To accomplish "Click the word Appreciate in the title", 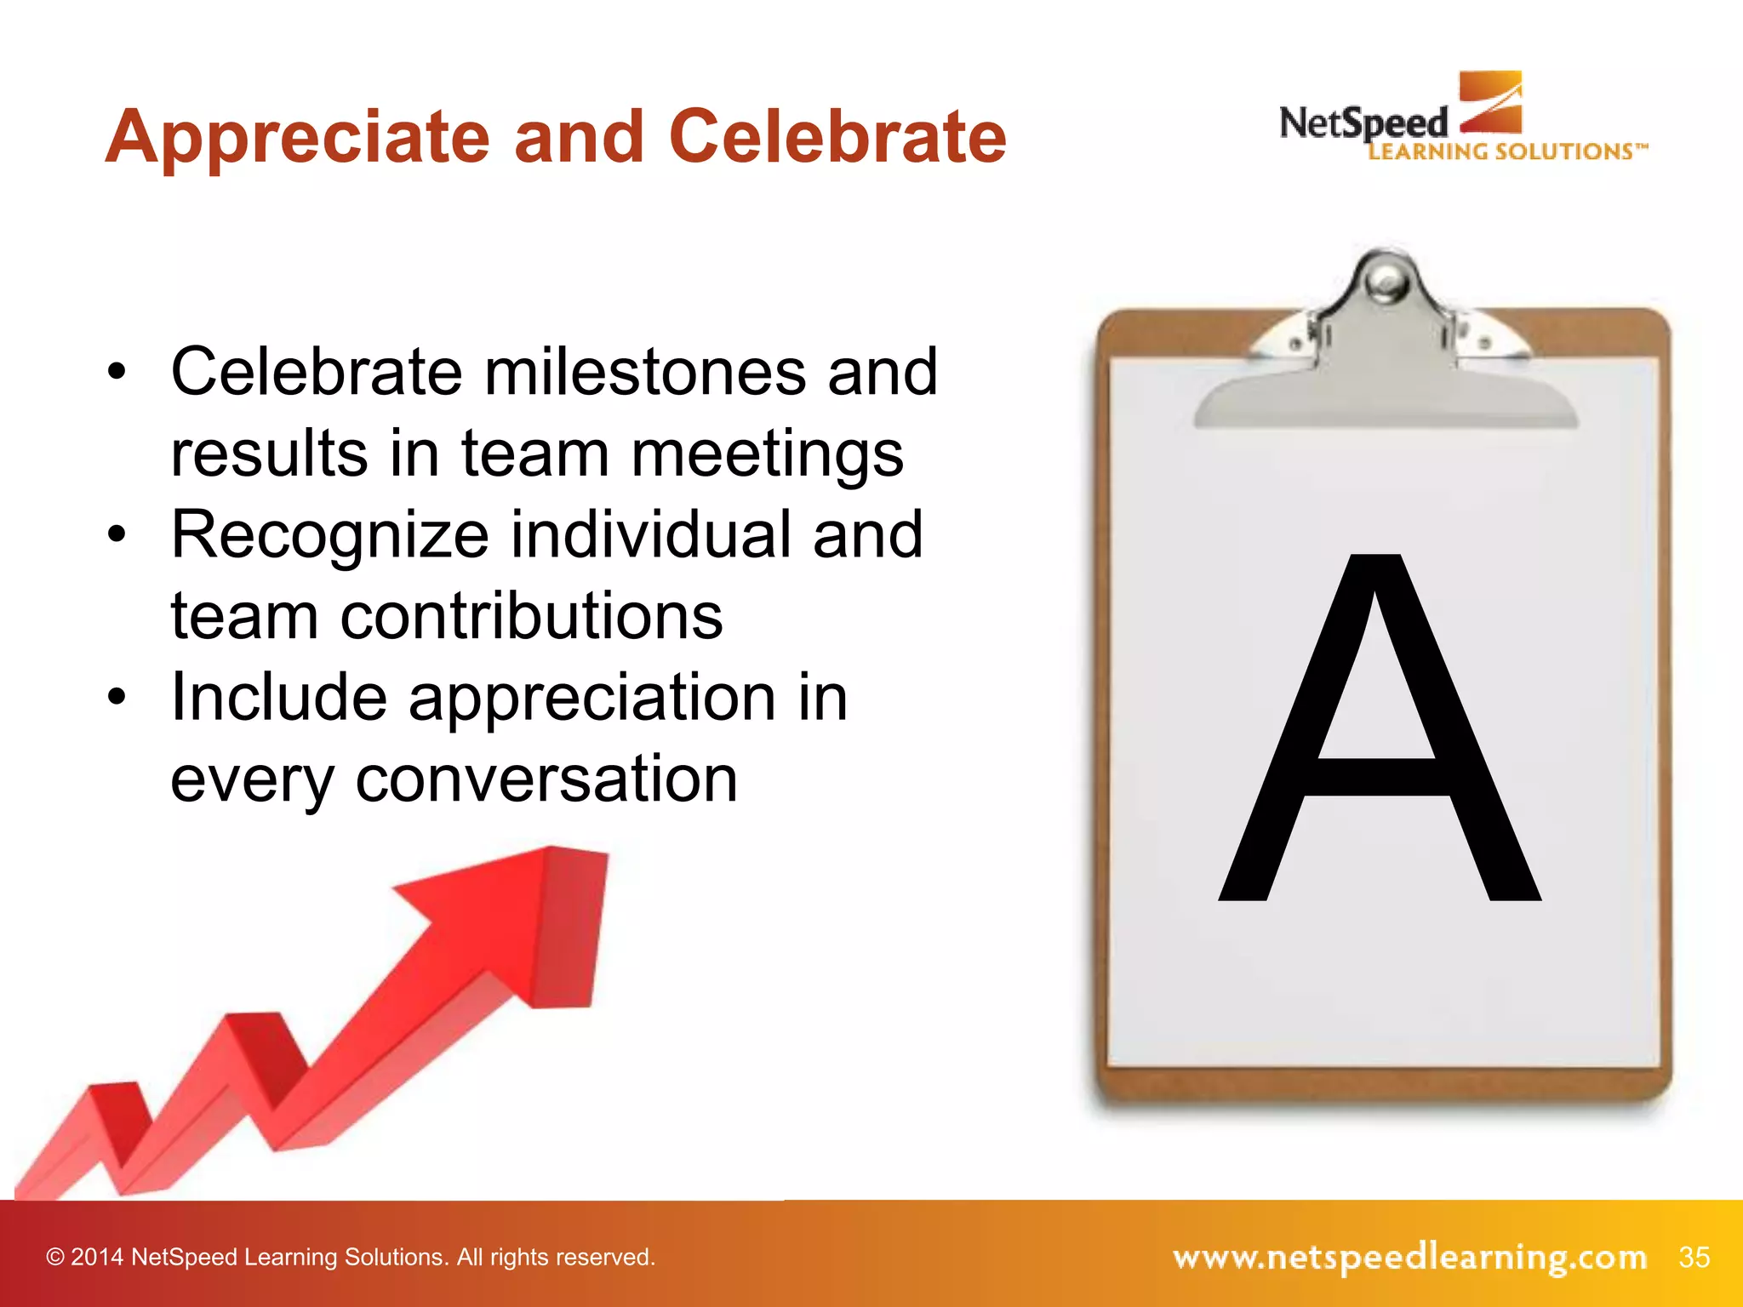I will (297, 138).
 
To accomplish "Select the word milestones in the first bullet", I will (645, 373).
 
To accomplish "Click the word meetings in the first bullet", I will (767, 454).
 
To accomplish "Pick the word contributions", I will (532, 616).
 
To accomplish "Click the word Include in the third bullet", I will (279, 698).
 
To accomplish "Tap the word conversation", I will (546, 779).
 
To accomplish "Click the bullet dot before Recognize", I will (117, 534).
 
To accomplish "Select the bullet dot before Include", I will (117, 697).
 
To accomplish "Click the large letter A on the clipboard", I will (1379, 732).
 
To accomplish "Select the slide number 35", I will (1694, 1257).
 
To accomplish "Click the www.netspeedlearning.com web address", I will (1409, 1257).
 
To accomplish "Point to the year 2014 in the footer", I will (97, 1258).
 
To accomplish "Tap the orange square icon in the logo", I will (1490, 102).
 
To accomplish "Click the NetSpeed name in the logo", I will (1363, 124).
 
